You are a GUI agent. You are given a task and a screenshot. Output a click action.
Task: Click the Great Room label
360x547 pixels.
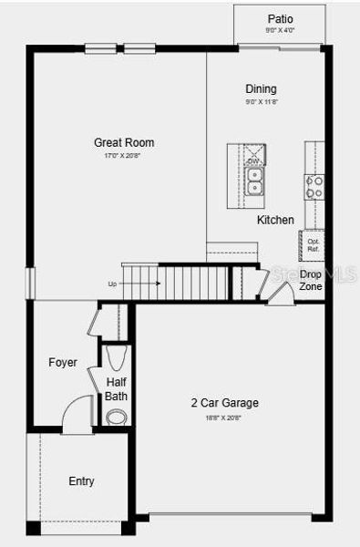[124, 142]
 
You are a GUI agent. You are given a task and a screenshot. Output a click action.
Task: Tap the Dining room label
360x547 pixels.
[261, 89]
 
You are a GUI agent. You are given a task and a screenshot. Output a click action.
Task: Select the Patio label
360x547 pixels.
[281, 19]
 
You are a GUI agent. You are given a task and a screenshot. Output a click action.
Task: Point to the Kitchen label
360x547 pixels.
[275, 220]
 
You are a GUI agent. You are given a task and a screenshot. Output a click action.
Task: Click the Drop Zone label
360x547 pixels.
[311, 280]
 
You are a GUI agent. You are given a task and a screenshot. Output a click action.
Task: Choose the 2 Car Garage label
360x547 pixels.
[224, 403]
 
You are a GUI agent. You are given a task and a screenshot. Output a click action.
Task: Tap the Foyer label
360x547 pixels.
[63, 363]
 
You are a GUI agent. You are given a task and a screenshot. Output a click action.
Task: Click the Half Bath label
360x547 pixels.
[117, 389]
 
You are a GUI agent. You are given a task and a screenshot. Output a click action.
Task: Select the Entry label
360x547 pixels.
[81, 481]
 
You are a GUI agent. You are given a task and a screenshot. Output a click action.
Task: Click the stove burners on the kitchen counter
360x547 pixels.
[314, 187]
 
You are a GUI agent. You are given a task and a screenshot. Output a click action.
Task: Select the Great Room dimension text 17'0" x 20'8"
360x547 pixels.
[124, 157]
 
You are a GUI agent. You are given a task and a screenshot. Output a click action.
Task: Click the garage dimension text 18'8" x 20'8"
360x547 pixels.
[224, 418]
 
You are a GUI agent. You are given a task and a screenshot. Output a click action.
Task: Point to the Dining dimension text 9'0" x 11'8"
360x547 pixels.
[261, 103]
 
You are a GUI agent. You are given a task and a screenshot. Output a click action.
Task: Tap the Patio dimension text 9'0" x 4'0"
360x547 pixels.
[281, 30]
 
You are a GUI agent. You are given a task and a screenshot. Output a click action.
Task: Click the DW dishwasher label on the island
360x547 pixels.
[253, 161]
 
